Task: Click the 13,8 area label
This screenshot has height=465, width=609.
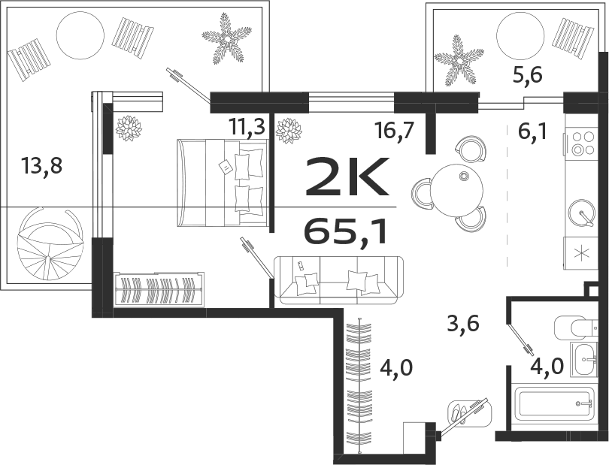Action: tap(42, 165)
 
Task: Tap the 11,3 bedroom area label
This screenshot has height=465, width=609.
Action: tap(247, 127)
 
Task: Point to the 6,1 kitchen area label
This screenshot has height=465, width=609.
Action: tap(532, 132)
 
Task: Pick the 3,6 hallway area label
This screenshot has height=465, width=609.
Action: tap(463, 324)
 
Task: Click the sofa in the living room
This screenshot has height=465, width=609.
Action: tap(339, 279)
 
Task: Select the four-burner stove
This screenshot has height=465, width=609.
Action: tap(583, 143)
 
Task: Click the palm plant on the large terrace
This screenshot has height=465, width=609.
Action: tap(226, 37)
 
